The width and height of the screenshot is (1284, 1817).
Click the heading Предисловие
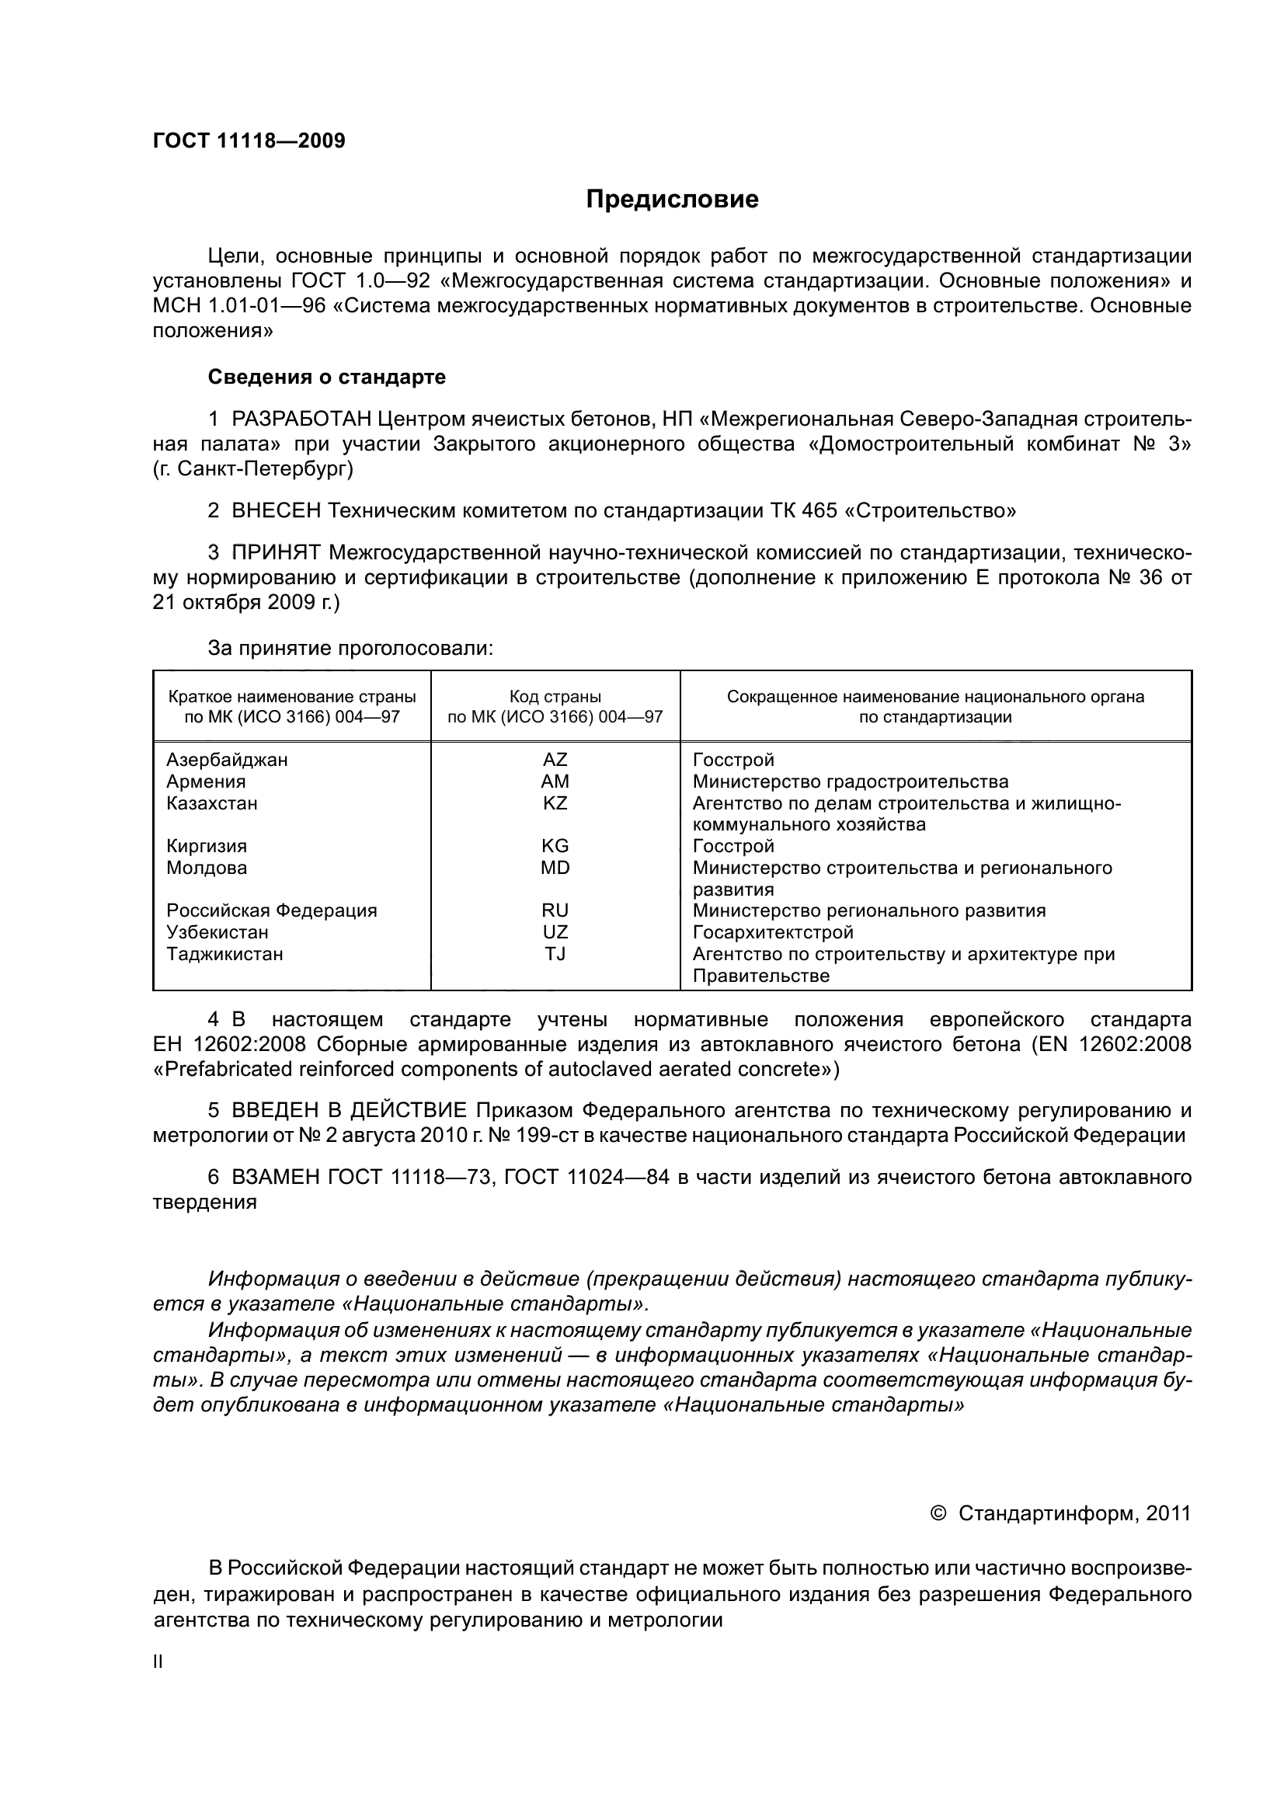pyautogui.click(x=672, y=200)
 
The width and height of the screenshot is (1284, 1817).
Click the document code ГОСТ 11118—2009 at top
pyautogui.click(x=249, y=141)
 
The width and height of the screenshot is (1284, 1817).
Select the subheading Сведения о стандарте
pyautogui.click(x=326, y=378)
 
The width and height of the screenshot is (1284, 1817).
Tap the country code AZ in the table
pyautogui.click(x=555, y=761)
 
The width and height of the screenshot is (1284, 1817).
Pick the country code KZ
pyautogui.click(x=555, y=803)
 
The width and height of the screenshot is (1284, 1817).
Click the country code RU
pyautogui.click(x=555, y=911)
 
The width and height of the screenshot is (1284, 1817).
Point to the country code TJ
pyautogui.click(x=555, y=954)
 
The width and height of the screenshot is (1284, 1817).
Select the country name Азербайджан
pyautogui.click(x=227, y=761)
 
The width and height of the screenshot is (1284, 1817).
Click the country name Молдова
pyautogui.click(x=207, y=868)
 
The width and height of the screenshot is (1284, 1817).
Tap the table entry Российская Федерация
pyautogui.click(x=271, y=911)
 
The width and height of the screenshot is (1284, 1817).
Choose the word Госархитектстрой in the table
pyautogui.click(x=773, y=932)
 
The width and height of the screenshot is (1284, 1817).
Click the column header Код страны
pyautogui.click(x=555, y=697)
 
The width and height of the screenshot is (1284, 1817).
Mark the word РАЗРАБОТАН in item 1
pyautogui.click(x=301, y=419)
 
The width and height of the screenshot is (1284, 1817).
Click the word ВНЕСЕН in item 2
pyautogui.click(x=276, y=511)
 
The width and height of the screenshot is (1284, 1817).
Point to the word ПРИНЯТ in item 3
pyautogui.click(x=276, y=552)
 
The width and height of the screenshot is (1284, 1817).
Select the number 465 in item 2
pyautogui.click(x=819, y=511)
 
